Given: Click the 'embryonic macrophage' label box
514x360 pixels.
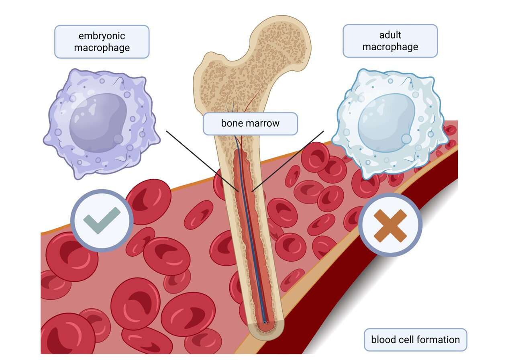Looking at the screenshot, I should point(102,41).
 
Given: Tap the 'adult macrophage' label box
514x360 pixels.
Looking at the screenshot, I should point(390,41).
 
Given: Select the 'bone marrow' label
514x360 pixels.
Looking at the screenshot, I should point(250,123).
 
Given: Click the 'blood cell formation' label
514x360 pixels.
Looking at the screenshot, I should point(415,340).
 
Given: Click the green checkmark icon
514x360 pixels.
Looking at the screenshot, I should point(102,221).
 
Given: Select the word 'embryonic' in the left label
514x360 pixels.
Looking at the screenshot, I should point(102,36).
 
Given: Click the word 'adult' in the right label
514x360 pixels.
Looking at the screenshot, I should point(390,35).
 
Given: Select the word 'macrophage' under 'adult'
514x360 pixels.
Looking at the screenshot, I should point(390,47).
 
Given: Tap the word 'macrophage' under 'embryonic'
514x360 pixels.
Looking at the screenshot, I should point(102,47).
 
